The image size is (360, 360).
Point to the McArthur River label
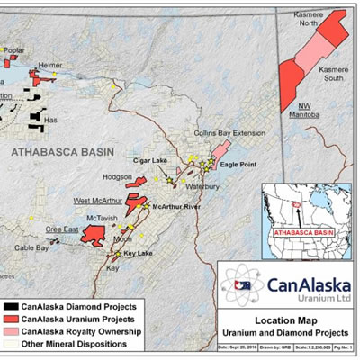pos(176,207)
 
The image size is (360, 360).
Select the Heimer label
pos(49,66)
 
